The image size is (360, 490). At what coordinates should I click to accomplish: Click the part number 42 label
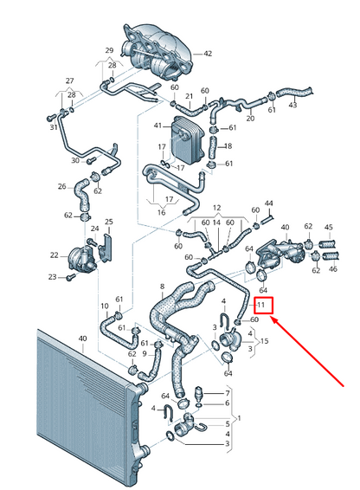click(208, 54)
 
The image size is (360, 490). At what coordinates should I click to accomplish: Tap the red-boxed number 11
click(260, 304)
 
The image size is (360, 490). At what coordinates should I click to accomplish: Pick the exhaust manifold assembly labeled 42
click(157, 51)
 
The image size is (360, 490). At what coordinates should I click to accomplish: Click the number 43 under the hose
click(292, 105)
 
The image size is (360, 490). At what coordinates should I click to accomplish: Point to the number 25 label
click(109, 222)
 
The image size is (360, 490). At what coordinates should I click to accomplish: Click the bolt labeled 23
click(71, 276)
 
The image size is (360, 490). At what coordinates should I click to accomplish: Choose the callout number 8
click(162, 287)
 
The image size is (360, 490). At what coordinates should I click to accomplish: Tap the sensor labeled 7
click(199, 394)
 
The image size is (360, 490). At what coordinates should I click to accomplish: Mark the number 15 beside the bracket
click(265, 341)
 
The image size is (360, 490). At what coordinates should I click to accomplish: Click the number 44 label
click(269, 203)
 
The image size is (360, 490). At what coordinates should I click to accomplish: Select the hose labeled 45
click(328, 243)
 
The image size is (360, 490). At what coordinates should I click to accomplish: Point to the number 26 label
click(62, 186)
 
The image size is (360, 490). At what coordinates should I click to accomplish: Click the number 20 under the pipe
click(250, 118)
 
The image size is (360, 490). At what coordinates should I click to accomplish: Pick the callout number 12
click(217, 208)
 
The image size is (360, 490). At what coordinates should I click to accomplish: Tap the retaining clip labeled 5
click(202, 426)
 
